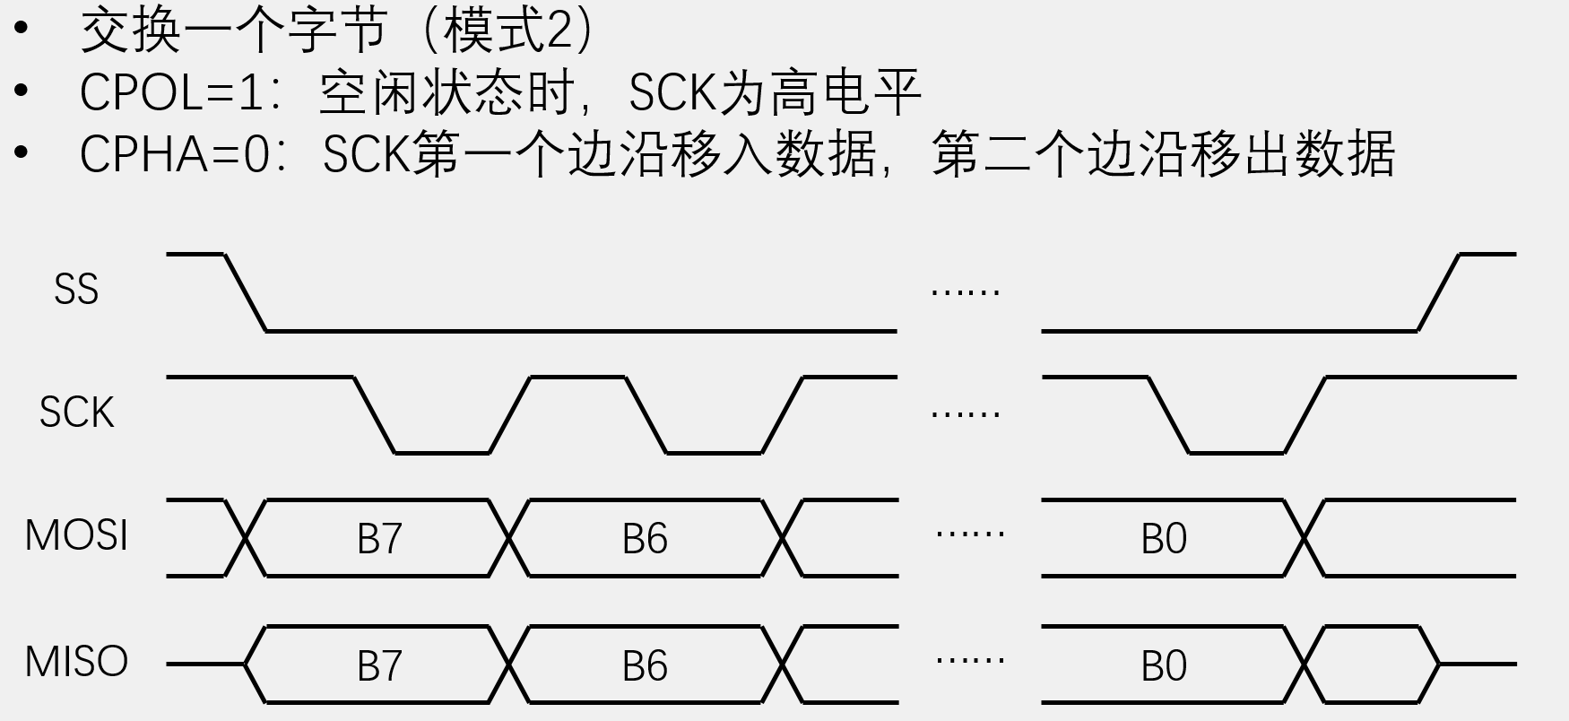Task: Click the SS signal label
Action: tap(76, 291)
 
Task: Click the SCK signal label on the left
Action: tap(77, 413)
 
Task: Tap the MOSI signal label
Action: tap(76, 536)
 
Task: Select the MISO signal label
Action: tap(76, 663)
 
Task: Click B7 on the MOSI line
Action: tap(379, 539)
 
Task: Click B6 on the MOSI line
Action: tap(645, 539)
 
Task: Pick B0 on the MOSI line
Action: tap(1164, 539)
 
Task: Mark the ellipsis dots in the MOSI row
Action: tap(969, 534)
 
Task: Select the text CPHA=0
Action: tap(175, 154)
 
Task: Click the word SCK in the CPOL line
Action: tap(672, 92)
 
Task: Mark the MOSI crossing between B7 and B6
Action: tap(510, 538)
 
